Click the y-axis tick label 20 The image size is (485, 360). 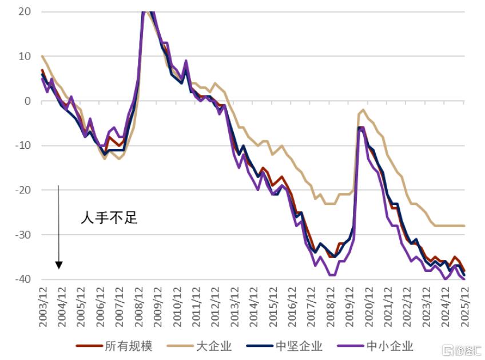click(25, 12)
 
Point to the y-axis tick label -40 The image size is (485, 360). click(23, 279)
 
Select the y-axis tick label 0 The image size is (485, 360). click(28, 101)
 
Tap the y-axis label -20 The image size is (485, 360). click(23, 190)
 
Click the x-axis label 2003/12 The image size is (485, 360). click(43, 306)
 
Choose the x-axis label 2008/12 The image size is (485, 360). click(139, 306)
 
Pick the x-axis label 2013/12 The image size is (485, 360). click(234, 306)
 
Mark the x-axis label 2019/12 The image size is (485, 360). click(349, 306)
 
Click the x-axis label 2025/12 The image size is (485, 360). click(464, 306)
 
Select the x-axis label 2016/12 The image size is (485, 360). click(292, 306)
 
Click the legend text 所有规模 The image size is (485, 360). click(129, 346)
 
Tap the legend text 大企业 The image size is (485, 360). click(214, 346)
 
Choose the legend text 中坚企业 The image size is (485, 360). click(299, 346)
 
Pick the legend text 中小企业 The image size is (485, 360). click(389, 346)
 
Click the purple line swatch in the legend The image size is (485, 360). click(351, 346)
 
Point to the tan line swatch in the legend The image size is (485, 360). click(180, 346)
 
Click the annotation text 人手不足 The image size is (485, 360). click(109, 217)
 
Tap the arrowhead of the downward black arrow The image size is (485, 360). click(59, 266)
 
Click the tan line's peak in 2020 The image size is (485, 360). click(363, 109)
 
